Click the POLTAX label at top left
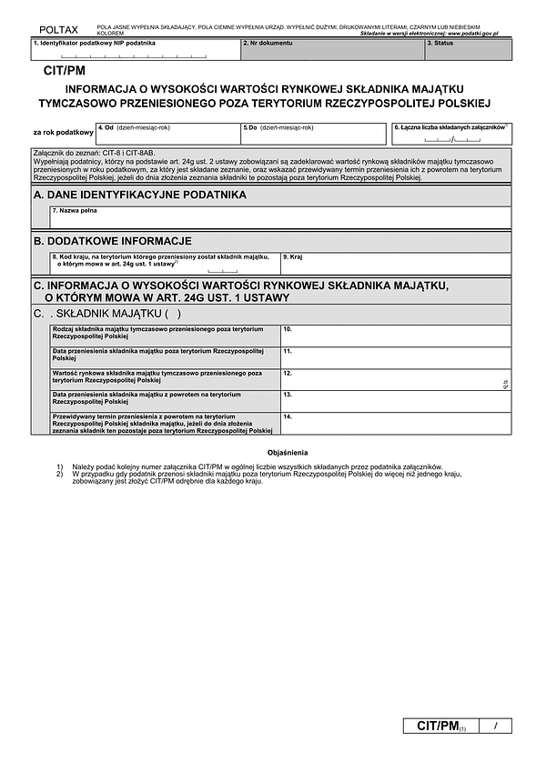coord(52,30)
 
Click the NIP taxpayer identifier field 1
coord(135,51)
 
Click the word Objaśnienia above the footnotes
coord(288,452)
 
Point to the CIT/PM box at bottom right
coord(440,726)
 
